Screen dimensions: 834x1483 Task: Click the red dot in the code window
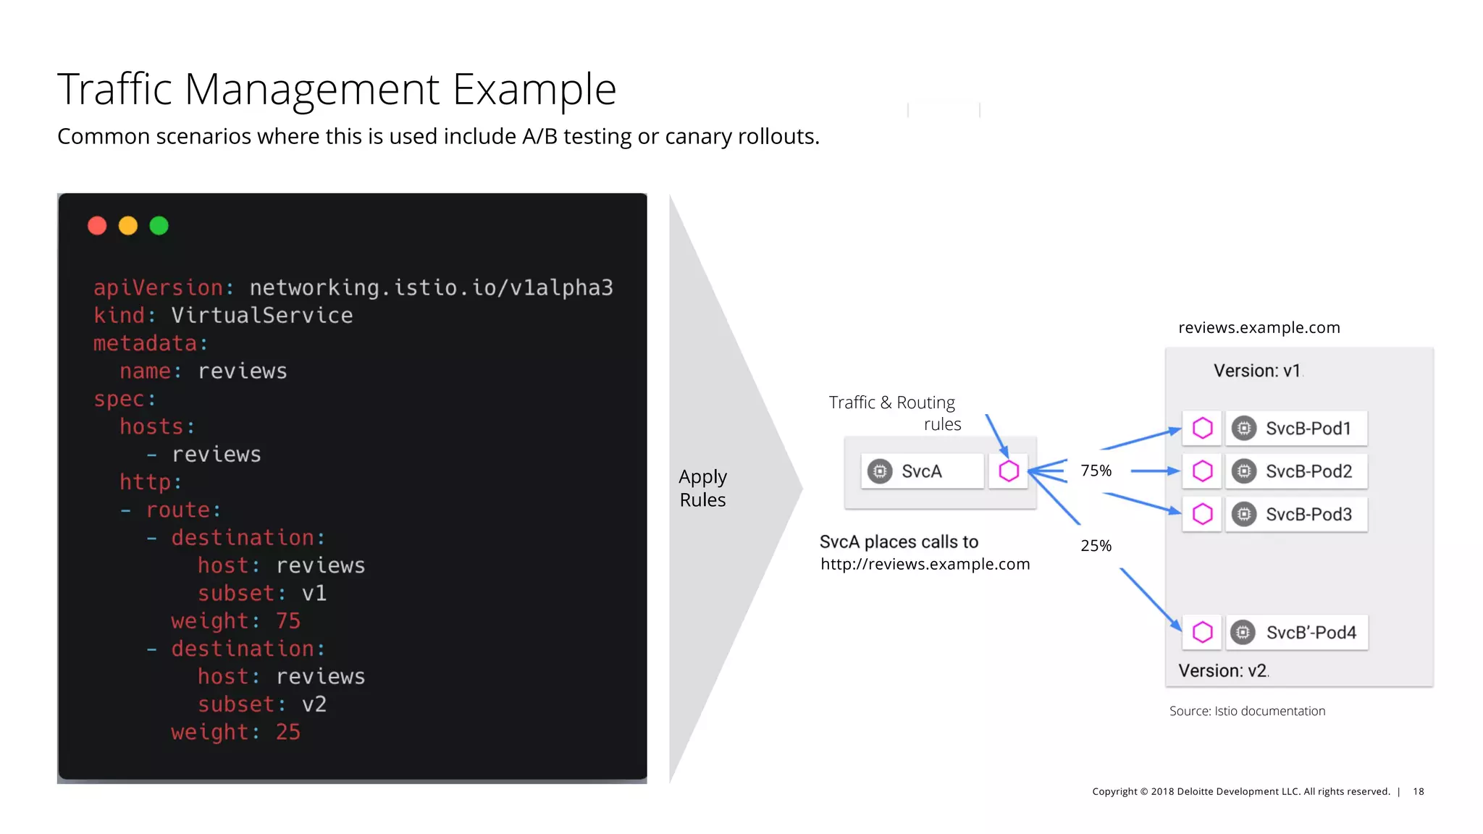(x=97, y=226)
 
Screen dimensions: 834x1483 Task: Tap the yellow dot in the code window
(x=128, y=226)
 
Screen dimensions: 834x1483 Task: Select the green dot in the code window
(x=159, y=226)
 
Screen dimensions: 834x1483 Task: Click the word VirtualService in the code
(x=261, y=316)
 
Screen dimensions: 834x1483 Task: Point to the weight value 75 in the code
(x=287, y=621)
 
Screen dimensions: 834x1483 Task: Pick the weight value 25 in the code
(x=287, y=732)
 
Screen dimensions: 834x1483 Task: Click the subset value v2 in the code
(x=314, y=704)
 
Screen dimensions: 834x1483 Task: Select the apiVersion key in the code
(x=159, y=288)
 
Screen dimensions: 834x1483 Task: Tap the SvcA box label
(x=921, y=471)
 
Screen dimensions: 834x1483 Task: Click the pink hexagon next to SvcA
(x=1009, y=471)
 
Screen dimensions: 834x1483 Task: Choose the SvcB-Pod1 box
(x=1296, y=429)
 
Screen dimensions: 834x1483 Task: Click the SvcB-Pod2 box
(x=1296, y=471)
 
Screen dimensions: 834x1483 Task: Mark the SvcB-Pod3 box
(x=1296, y=514)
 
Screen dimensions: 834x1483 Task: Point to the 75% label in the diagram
(x=1096, y=471)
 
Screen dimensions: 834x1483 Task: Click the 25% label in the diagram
(x=1096, y=546)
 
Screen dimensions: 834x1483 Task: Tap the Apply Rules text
(x=702, y=488)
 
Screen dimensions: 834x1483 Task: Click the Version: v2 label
(x=1222, y=670)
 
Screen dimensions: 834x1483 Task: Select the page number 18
(x=1418, y=791)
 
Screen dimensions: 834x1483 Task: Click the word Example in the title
(x=534, y=90)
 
